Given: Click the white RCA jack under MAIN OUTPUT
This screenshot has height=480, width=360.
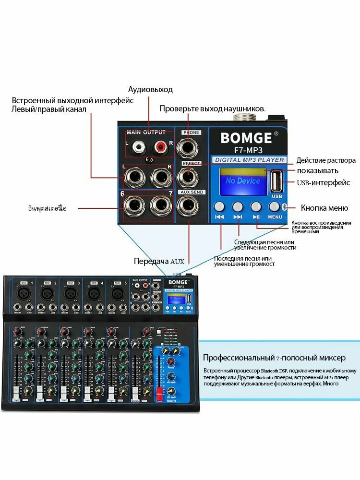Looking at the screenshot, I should tap(139, 145).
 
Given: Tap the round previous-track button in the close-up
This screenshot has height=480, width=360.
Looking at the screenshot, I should tap(219, 207).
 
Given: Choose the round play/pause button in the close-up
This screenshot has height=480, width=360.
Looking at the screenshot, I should tap(256, 207).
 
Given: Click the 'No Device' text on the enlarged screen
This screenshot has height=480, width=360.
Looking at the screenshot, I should tap(242, 181).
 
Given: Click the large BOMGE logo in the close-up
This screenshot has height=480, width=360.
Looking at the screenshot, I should tap(246, 138).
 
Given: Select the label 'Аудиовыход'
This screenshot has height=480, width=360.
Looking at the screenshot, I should tap(150, 90).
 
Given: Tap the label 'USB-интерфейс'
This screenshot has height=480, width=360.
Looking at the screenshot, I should tap(323, 183).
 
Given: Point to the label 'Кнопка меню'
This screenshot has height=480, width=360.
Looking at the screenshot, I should tap(324, 208).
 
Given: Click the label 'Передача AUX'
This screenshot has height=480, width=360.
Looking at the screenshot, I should tap(159, 262).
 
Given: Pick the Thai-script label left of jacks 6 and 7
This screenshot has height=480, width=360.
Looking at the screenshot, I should tap(47, 208).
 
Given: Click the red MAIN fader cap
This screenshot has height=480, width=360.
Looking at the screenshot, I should tap(157, 395).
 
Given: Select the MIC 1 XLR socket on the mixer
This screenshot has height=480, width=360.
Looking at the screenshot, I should tap(23, 292).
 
